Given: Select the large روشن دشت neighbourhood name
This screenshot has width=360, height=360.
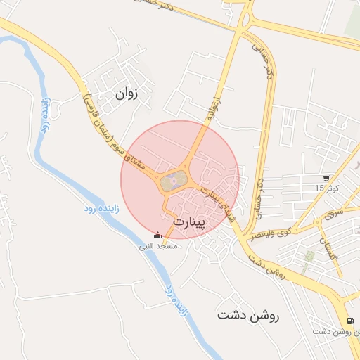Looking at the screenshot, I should [x=248, y=316].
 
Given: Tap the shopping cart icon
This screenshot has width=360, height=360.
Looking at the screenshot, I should [x=326, y=179].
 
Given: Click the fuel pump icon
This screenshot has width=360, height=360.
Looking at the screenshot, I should [x=349, y=320].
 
